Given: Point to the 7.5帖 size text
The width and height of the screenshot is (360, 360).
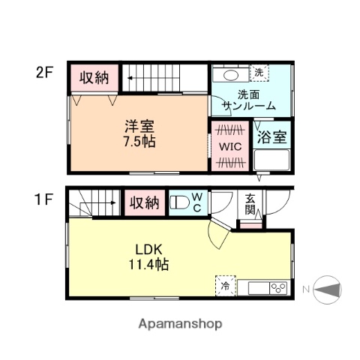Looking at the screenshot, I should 139,141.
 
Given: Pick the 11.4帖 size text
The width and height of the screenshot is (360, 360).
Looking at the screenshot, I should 148,264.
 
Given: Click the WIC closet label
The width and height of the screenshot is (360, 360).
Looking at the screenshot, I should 228,146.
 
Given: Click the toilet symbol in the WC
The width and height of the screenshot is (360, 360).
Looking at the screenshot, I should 181,202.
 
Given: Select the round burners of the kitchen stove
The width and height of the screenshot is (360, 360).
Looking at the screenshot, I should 278,287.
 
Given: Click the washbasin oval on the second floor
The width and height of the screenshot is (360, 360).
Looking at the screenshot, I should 229,76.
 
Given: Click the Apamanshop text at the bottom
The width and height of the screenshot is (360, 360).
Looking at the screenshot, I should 180,324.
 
